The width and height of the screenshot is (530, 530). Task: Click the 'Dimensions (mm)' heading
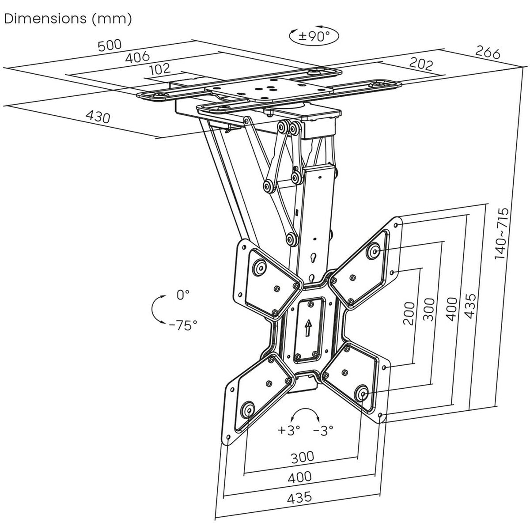click(68, 19)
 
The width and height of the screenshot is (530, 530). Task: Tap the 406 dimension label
click(137, 57)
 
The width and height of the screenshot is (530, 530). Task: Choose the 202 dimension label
click(420, 64)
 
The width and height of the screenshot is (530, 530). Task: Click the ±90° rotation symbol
click(314, 35)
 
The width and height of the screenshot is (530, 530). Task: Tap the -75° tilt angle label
click(183, 326)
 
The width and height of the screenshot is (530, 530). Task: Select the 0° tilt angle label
click(183, 295)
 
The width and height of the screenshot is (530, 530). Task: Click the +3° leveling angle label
click(289, 429)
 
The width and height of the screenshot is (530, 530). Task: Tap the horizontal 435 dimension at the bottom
click(299, 497)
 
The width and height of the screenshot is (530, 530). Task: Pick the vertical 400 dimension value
click(451, 309)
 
